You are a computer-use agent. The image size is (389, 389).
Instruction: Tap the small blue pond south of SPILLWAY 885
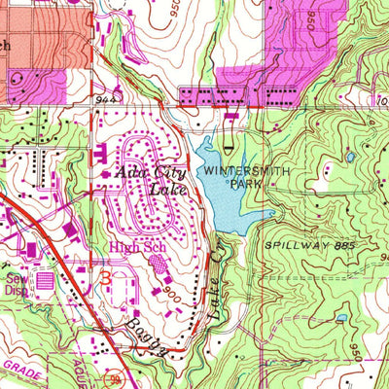click(x=340, y=318)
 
